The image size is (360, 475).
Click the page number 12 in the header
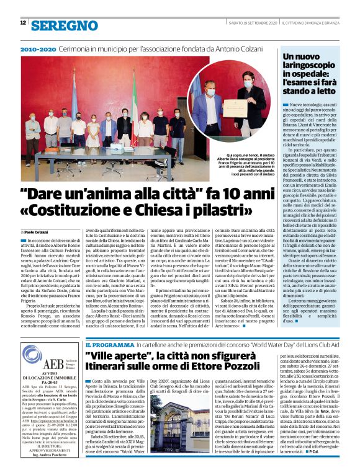(23, 23)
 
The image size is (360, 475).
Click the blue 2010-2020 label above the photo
(37, 48)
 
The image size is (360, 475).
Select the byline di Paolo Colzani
(37, 231)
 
